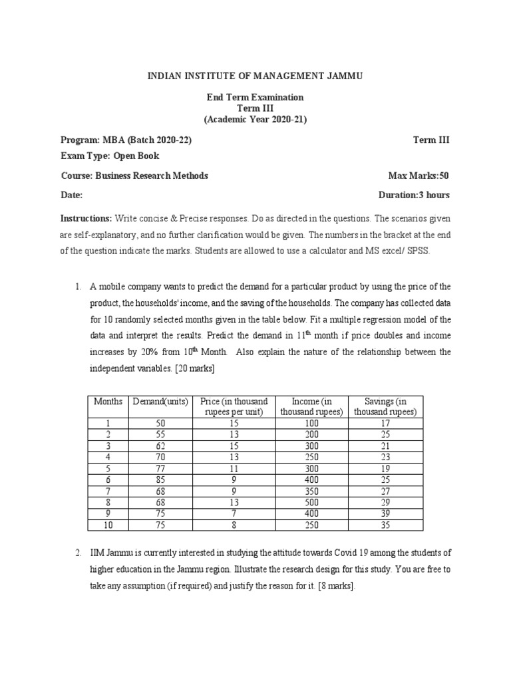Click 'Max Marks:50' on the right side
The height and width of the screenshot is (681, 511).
tap(419, 176)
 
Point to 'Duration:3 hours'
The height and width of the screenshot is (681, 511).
tap(414, 195)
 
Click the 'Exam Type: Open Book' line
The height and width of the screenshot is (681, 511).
tap(110, 156)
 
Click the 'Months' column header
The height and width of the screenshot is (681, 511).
tap(108, 402)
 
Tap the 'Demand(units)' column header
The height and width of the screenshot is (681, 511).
tap(160, 402)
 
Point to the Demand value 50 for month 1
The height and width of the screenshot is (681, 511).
tap(160, 422)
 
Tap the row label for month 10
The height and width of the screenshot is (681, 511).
tap(108, 525)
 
